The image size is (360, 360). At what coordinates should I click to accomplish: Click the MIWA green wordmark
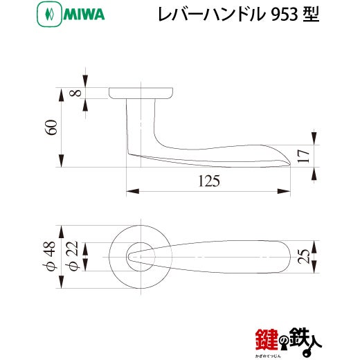84,15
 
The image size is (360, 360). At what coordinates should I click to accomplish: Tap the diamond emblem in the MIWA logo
49,15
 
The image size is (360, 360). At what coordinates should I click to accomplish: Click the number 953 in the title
285,15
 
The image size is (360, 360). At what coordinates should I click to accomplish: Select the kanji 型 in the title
312,15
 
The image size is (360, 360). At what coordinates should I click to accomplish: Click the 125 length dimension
209,181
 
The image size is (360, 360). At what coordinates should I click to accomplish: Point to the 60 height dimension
51,127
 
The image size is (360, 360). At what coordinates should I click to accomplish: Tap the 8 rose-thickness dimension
75,93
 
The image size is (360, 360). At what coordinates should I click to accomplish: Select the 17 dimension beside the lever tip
303,156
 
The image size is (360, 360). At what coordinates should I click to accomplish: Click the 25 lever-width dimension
303,256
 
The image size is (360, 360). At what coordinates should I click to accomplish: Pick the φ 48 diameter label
49,256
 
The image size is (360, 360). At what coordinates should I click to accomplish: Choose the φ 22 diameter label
73,256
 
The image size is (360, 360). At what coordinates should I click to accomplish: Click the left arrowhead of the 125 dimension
133,191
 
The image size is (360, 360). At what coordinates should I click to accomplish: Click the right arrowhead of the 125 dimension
284,191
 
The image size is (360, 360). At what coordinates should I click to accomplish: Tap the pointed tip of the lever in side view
290,164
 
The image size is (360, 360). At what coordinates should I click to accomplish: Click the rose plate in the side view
141,93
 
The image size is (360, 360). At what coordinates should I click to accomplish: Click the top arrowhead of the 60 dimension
61,95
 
